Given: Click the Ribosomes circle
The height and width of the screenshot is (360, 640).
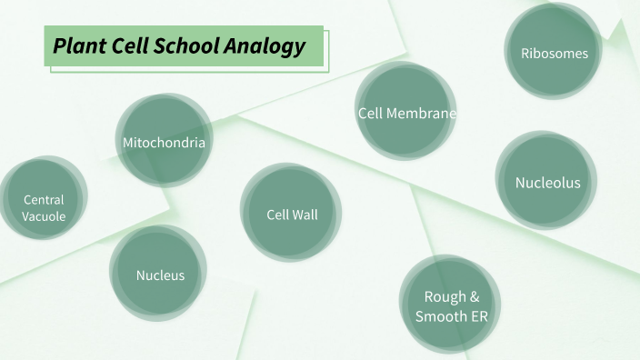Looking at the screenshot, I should click(x=554, y=53).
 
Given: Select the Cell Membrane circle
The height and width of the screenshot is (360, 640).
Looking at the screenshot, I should click(x=405, y=113).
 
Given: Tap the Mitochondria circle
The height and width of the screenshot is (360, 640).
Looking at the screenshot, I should click(x=165, y=142).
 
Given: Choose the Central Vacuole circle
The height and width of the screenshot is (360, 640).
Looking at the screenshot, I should click(x=44, y=207).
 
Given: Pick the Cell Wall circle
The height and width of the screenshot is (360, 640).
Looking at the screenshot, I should click(x=292, y=215).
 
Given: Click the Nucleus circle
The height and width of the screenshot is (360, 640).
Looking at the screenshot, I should click(x=160, y=275).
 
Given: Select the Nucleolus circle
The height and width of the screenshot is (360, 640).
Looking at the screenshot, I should click(x=547, y=182).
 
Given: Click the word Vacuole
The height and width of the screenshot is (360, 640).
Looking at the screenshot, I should click(x=44, y=216).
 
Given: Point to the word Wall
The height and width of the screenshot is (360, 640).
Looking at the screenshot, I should click(x=305, y=215).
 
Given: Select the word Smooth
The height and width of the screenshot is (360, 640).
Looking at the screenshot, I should click(x=442, y=316).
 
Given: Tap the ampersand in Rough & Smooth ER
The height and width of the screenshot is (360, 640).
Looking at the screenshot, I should click(x=473, y=297).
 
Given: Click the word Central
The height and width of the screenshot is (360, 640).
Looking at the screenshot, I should click(x=44, y=199).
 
